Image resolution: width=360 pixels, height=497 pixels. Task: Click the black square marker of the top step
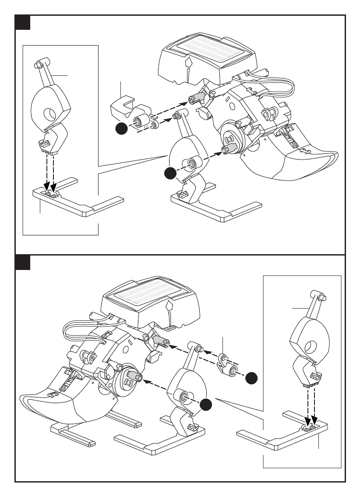[22, 22]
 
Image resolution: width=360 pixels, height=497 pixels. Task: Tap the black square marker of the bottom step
[22, 263]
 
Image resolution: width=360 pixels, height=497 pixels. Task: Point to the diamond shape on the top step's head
[188, 63]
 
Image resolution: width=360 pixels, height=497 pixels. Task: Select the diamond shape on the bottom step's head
[169, 305]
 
